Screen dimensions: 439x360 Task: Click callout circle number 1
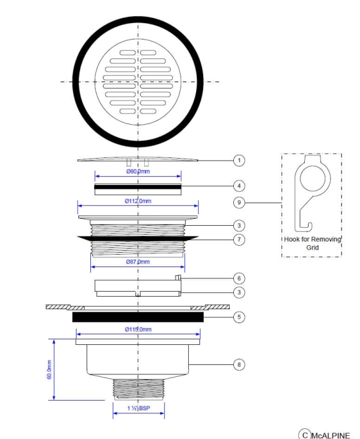[238, 161]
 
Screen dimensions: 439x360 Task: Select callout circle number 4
[238, 186]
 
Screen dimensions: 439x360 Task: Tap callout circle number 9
[238, 203]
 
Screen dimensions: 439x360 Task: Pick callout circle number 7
[238, 240]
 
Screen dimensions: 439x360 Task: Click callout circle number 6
[238, 278]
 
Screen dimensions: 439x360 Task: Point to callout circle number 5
[238, 317]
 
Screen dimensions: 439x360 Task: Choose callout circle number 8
[238, 364]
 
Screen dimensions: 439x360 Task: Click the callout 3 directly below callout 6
[238, 292]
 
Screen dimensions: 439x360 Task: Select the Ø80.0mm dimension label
[138, 171]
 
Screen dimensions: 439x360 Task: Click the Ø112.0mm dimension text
[138, 201]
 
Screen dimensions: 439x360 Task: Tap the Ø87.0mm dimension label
[138, 261]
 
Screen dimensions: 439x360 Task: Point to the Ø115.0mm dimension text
[138, 329]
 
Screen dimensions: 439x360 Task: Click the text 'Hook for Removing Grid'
[311, 243]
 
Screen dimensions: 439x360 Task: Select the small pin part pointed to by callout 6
[179, 277]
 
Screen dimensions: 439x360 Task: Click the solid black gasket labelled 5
[138, 317]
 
